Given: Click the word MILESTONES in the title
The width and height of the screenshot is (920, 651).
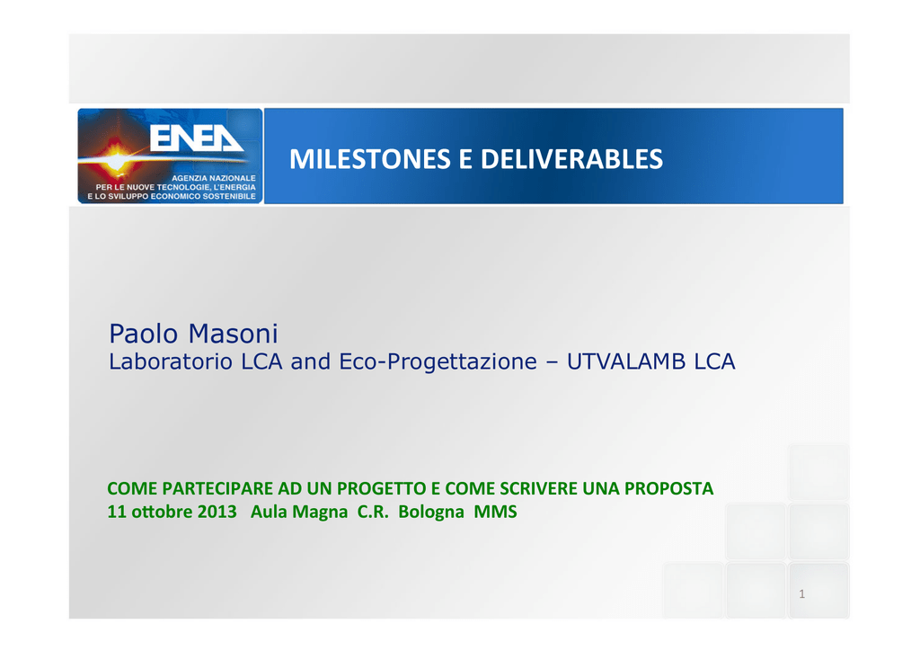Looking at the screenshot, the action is coord(369,159).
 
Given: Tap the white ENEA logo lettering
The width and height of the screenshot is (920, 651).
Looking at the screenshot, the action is coord(197,138).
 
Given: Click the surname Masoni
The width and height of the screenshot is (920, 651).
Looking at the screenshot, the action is coord(233,334).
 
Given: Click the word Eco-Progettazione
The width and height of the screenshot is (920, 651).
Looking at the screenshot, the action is coord(438,361).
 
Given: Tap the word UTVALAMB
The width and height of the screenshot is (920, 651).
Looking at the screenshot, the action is coord(626,361).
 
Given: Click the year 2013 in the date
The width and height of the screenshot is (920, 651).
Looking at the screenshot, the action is coord(217,512).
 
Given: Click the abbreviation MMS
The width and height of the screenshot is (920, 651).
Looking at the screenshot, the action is coord(495,512).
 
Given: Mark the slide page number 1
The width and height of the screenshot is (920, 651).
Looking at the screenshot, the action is coord(802,594).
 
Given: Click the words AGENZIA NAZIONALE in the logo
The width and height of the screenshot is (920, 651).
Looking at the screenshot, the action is coord(214,178).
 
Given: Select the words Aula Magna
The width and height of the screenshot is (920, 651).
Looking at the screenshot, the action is coord(299,512).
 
